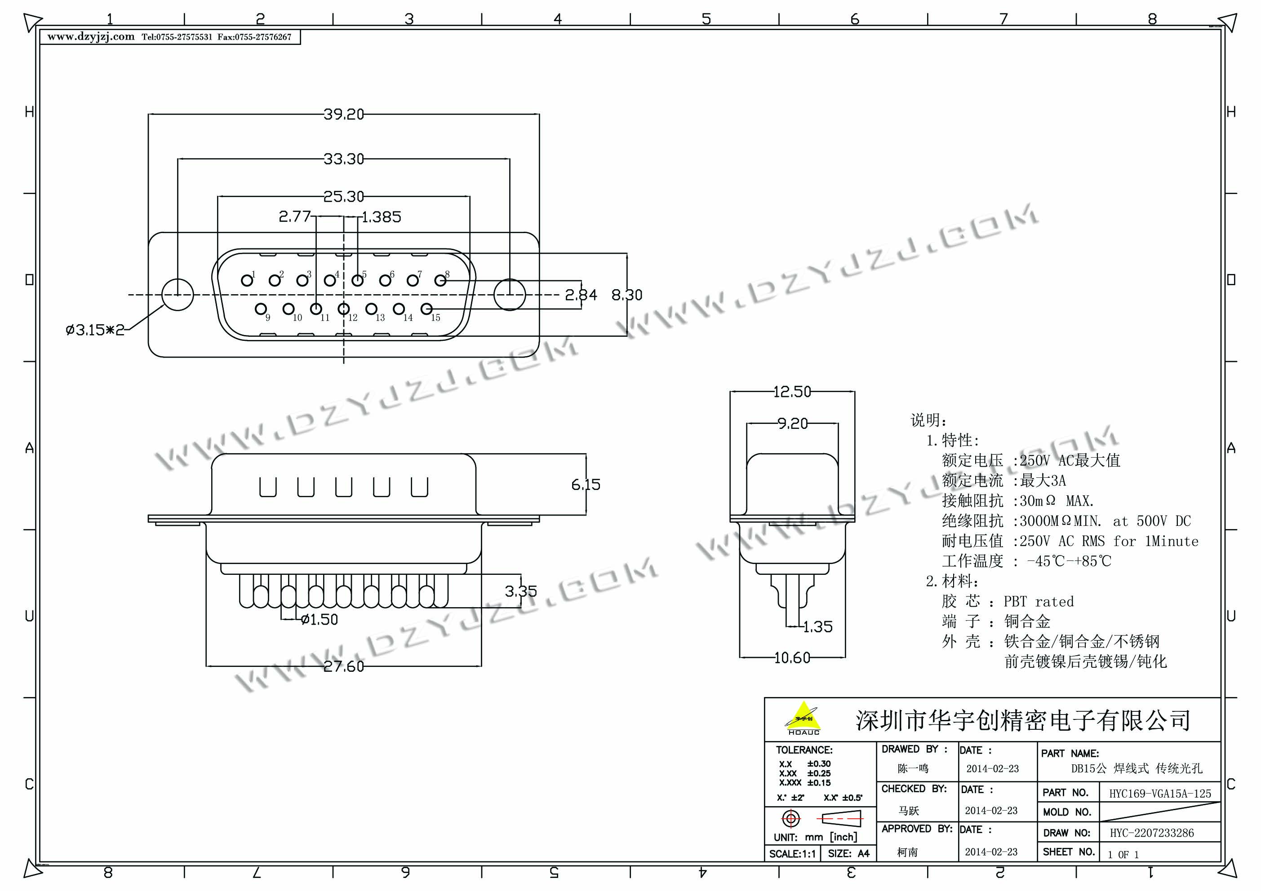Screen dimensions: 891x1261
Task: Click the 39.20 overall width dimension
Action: (x=343, y=114)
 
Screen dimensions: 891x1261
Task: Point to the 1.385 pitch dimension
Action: (x=382, y=217)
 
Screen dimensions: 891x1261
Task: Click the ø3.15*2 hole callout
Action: (x=94, y=330)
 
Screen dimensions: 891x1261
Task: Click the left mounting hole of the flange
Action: (x=178, y=295)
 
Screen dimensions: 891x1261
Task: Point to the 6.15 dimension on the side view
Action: (x=586, y=485)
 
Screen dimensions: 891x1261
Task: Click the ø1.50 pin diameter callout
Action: (x=320, y=620)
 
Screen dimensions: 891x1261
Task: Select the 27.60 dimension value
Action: (x=343, y=666)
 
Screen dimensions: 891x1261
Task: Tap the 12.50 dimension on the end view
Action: (x=792, y=392)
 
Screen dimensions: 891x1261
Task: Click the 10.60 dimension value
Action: (x=792, y=657)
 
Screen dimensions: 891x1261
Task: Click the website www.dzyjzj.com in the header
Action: (x=91, y=37)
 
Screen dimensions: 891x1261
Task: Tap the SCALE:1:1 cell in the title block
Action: (x=792, y=854)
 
